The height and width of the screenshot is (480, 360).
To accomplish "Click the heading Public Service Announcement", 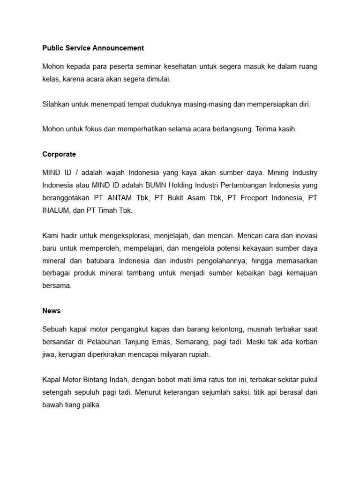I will pyautogui.click(x=93, y=48).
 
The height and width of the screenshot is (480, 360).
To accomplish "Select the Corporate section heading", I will pyautogui.click(x=59, y=154).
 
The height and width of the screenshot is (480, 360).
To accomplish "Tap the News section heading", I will pyautogui.click(x=52, y=311).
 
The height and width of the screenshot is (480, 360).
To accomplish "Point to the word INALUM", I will pyautogui.click(x=56, y=211).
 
